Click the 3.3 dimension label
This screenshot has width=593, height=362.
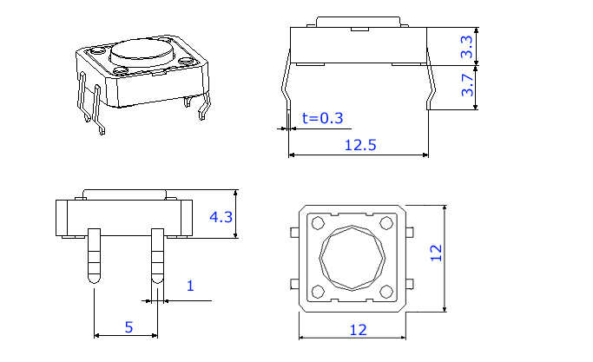point(467,47)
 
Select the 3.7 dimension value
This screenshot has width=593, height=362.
point(467,85)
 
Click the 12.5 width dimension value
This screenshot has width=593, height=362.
point(359,145)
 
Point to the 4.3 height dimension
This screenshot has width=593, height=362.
point(222,216)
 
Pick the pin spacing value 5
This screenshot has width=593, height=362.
point(128,327)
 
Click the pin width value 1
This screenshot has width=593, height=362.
point(190,286)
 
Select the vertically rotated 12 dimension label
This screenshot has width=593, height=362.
point(437,253)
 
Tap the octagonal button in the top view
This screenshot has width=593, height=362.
point(352,258)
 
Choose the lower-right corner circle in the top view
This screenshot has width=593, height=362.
point(386,292)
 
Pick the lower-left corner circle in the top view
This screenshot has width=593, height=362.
point(318,292)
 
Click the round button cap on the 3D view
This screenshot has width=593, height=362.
point(142,49)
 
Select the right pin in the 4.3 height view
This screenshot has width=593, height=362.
point(157,255)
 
